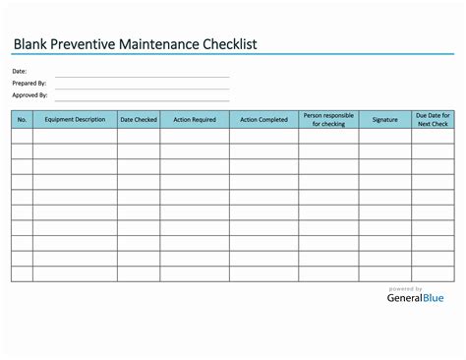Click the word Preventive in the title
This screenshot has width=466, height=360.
click(x=87, y=44)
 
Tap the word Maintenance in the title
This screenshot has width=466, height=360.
click(x=175, y=44)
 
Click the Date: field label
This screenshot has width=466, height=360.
click(x=20, y=72)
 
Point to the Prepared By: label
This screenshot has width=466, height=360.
click(x=29, y=84)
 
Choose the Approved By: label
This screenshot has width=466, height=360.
click(x=30, y=95)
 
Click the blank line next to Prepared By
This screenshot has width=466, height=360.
click(x=143, y=87)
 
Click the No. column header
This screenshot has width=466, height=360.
click(x=22, y=120)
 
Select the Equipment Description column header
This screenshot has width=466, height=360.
click(x=75, y=120)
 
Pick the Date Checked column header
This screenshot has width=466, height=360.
click(x=139, y=120)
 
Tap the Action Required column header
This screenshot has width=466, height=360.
click(x=195, y=120)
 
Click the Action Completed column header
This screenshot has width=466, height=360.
click(x=264, y=120)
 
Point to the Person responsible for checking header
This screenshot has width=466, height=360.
click(x=328, y=120)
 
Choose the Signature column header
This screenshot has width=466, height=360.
click(x=385, y=120)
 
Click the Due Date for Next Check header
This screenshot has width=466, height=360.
click(x=433, y=120)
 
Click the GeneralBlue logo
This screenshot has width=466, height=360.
click(x=415, y=298)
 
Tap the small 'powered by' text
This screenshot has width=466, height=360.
click(x=406, y=288)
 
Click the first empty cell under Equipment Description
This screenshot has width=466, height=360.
click(x=75, y=137)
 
